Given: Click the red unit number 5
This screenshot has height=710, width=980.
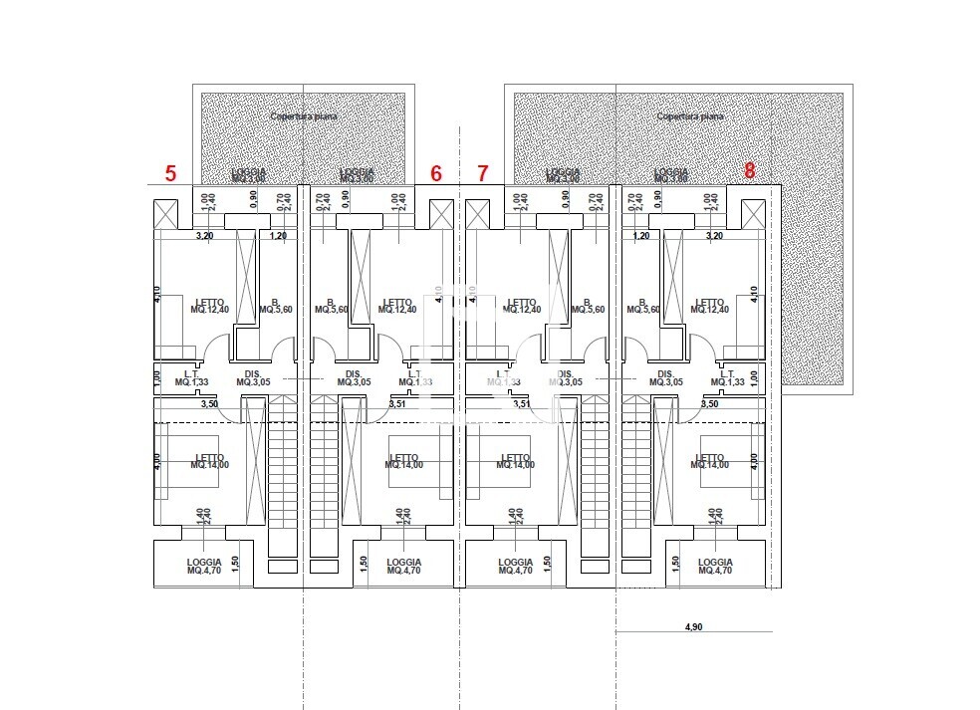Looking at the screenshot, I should click(x=170, y=173).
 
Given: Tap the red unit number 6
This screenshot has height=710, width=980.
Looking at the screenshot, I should click(x=436, y=173).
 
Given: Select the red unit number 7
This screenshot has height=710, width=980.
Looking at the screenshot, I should click(x=483, y=173).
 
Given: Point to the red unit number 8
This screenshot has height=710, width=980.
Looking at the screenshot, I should click(x=749, y=170).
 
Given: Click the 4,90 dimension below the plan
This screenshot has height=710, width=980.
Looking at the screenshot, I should click(x=694, y=627).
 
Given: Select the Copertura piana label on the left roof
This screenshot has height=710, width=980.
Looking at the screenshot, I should click(x=304, y=117).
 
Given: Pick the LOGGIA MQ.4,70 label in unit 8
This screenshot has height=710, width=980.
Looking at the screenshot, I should click(x=715, y=567).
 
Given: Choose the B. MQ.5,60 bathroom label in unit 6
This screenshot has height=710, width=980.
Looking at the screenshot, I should click(x=331, y=306).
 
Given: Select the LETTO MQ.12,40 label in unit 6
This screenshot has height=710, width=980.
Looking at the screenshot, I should click(x=397, y=306).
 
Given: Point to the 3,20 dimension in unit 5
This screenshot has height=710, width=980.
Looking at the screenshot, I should click(x=204, y=236).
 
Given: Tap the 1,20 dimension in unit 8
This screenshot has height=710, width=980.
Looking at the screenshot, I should click(x=641, y=236).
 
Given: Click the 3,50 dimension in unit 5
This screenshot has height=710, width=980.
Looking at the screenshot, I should click(x=209, y=404).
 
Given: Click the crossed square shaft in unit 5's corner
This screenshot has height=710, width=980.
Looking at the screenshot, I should click(x=165, y=213).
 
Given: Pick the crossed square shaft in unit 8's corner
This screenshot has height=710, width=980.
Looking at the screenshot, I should click(x=754, y=213).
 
